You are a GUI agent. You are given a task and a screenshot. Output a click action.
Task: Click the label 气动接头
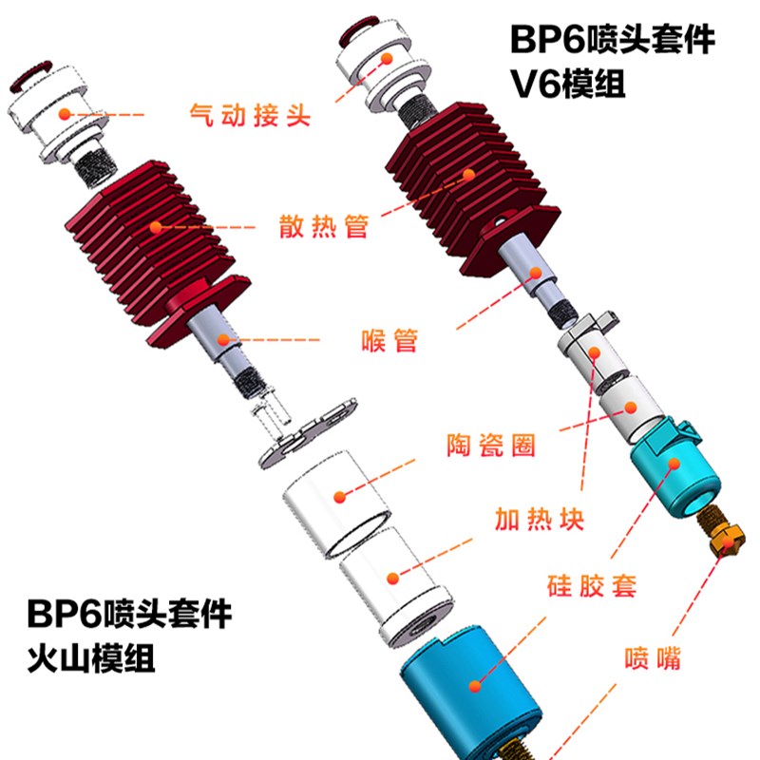coord(244,116)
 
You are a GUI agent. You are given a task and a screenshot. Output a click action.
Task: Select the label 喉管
coord(390,339)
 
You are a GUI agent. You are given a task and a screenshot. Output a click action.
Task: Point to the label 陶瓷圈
coord(490,445)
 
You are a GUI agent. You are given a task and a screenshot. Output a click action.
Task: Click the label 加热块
coord(538,519)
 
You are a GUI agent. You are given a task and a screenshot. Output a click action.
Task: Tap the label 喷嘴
coord(652,657)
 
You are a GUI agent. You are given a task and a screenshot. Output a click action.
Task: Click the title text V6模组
coord(567,85)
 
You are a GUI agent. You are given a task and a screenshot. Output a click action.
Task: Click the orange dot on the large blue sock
coord(472,683)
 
